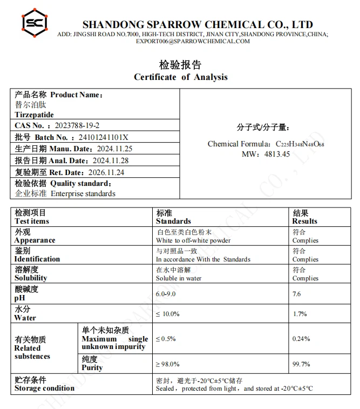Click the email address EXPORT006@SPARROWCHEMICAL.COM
click(193, 41)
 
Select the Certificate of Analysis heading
click(180, 77)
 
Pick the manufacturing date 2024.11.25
click(114, 149)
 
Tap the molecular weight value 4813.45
click(277, 154)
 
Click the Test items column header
click(32, 221)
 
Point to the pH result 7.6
click(297, 294)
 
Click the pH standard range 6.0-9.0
click(166, 294)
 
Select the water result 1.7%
click(300, 314)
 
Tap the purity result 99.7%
click(301, 364)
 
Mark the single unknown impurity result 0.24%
click(301, 339)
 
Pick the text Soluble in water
click(178, 278)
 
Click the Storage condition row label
click(44, 388)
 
